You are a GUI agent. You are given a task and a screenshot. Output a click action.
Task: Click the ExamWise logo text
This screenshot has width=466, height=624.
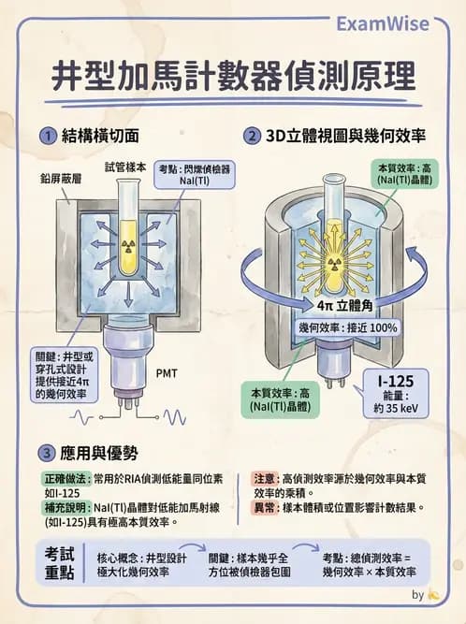point(395,24)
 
